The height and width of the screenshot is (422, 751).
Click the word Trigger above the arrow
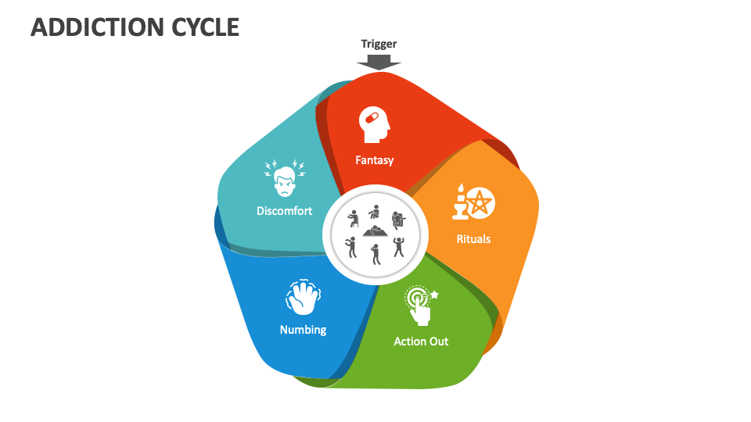click(x=379, y=44)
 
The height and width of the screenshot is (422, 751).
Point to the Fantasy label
click(x=374, y=160)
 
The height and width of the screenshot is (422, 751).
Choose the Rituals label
click(x=473, y=238)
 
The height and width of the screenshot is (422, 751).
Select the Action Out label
click(x=421, y=342)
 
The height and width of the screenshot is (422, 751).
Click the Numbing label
click(x=303, y=330)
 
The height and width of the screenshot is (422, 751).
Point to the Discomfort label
click(x=284, y=211)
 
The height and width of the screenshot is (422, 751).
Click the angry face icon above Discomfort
click(x=284, y=179)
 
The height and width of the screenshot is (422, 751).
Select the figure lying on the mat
click(x=376, y=232)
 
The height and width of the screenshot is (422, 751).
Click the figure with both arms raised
click(x=399, y=247)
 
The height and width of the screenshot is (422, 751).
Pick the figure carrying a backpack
click(x=397, y=220)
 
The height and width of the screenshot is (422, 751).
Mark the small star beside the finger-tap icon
click(x=434, y=295)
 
